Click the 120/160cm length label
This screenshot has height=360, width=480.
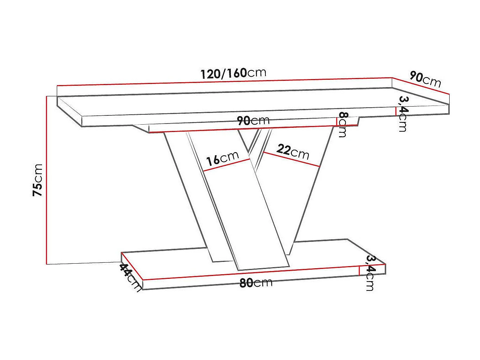pyautogui.click(x=233, y=73)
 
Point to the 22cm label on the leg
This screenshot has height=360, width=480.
pyautogui.click(x=293, y=151)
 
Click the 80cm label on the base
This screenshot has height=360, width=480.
pyautogui.click(x=256, y=283)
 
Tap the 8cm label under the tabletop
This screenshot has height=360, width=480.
pyautogui.click(x=343, y=124)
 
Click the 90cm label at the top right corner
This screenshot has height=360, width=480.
pyautogui.click(x=425, y=79)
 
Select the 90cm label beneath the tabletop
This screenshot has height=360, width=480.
pyautogui.click(x=253, y=121)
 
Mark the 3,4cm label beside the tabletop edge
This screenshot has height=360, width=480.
pyautogui.click(x=403, y=114)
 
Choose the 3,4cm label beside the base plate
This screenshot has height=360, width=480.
pyautogui.click(x=370, y=273)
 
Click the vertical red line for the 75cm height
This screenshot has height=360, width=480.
pyautogui.click(x=46, y=180)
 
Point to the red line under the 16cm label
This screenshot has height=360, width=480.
pyautogui.click(x=227, y=165)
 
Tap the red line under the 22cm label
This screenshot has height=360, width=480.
pyautogui.click(x=292, y=159)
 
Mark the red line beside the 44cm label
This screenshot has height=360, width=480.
pyautogui.click(x=132, y=266)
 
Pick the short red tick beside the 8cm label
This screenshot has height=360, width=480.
pyautogui.click(x=336, y=121)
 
